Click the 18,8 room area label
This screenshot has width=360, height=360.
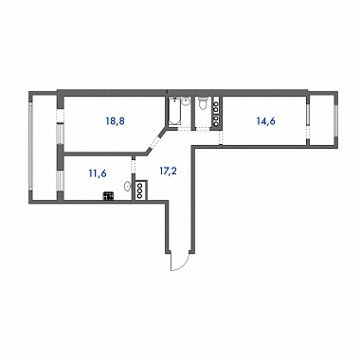[116, 121]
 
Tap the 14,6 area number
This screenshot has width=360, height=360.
[266, 121]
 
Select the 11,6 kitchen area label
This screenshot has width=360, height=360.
[98, 173]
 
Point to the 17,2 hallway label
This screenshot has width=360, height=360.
[167, 171]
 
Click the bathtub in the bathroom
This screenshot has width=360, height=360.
[174, 112]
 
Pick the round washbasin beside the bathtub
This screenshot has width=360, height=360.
[187, 101]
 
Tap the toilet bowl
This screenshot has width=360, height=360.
[203, 103]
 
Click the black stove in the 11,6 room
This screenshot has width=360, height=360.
[108, 196]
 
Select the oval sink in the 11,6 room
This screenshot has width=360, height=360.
[127, 187]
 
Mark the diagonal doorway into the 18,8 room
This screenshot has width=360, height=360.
[155, 141]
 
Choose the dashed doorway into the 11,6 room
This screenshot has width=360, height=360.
[133, 167]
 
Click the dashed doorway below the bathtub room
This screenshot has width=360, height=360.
[185, 128]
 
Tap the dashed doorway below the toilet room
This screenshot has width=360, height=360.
[204, 128]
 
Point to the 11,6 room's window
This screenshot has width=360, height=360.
[60, 181]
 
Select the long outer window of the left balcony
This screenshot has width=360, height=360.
[31, 146]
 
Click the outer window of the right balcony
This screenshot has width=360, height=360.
[336, 118]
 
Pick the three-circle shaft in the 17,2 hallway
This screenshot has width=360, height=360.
[140, 190]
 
